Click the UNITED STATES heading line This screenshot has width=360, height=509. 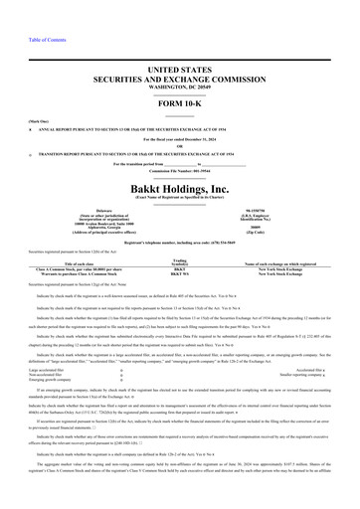(x=180, y=69)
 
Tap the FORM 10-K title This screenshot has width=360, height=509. (x=180, y=105)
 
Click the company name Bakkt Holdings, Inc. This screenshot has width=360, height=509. (x=180, y=187)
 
